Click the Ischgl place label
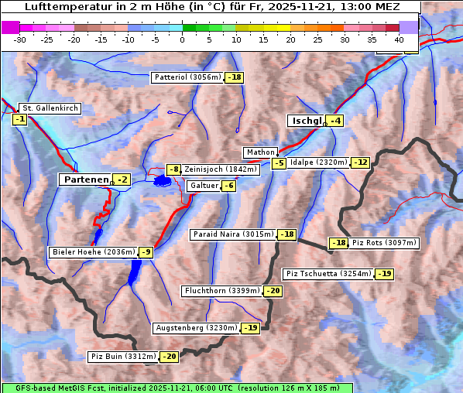click(307, 121)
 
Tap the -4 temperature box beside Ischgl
click(335, 121)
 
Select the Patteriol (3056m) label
click(187, 77)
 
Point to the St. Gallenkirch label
click(50, 108)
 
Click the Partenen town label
click(86, 179)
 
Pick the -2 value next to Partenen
click(122, 179)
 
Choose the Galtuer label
click(203, 186)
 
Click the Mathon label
click(261, 152)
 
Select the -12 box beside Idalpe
click(361, 162)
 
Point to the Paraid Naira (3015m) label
click(234, 234)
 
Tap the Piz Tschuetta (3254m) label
click(328, 274)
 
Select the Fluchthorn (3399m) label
click(222, 291)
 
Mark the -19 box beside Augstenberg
click(250, 328)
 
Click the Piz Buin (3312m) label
click(123, 357)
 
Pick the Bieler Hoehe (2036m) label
click(93, 252)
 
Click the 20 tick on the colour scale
click(290, 39)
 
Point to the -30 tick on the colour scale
click(20, 39)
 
